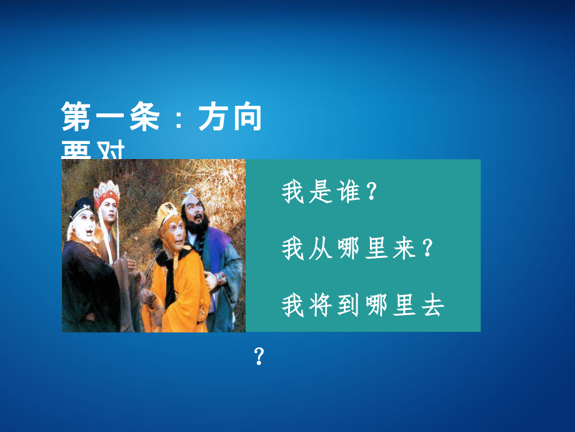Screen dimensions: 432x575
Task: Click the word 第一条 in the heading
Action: [x=107, y=118]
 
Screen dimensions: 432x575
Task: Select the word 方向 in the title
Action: [x=230, y=118]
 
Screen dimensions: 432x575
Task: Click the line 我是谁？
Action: [x=330, y=193]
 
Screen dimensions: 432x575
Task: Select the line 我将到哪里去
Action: [x=362, y=306]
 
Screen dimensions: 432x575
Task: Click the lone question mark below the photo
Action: [x=260, y=357]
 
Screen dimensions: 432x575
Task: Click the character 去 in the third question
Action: [x=431, y=306]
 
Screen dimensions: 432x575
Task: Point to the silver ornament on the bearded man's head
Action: [x=189, y=195]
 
